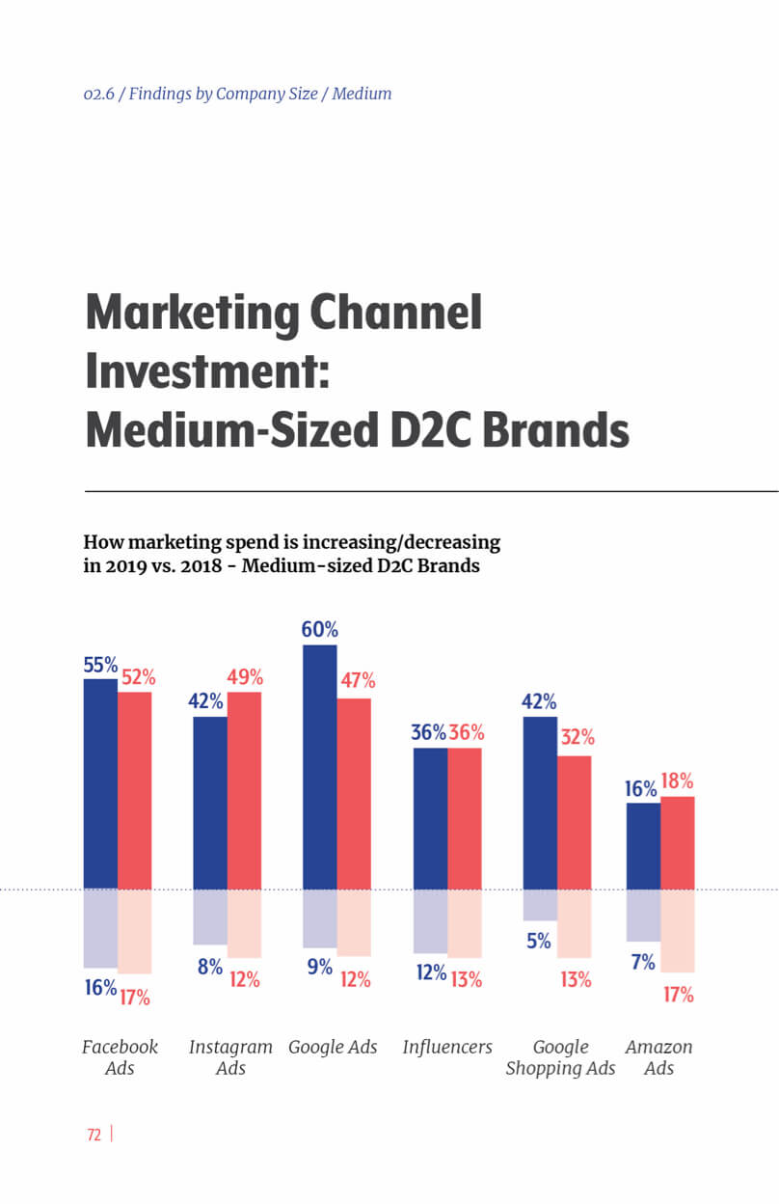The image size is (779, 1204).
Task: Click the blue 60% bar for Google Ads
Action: point(320,767)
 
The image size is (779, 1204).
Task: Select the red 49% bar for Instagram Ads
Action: point(244,790)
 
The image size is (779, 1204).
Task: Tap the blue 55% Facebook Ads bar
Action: point(100,783)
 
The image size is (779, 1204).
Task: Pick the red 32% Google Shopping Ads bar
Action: point(575,822)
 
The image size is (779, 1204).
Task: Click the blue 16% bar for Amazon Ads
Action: point(643,845)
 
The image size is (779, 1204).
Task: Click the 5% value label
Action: point(539,941)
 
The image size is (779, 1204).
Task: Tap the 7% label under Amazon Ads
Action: point(643,962)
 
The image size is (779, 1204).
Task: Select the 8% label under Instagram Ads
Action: point(210,966)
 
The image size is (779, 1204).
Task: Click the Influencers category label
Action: point(447,1047)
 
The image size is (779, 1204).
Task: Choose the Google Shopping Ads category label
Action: point(560,1057)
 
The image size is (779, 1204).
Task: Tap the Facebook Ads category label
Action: point(120,1057)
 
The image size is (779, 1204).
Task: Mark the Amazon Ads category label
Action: point(658,1057)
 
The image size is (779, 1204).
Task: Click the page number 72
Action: point(94,1136)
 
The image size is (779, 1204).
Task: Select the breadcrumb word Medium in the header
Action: point(362,94)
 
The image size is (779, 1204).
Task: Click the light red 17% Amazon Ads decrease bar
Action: point(678,930)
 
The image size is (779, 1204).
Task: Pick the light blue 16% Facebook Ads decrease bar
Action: point(100,928)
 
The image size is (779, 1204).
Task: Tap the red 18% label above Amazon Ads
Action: point(677,781)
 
